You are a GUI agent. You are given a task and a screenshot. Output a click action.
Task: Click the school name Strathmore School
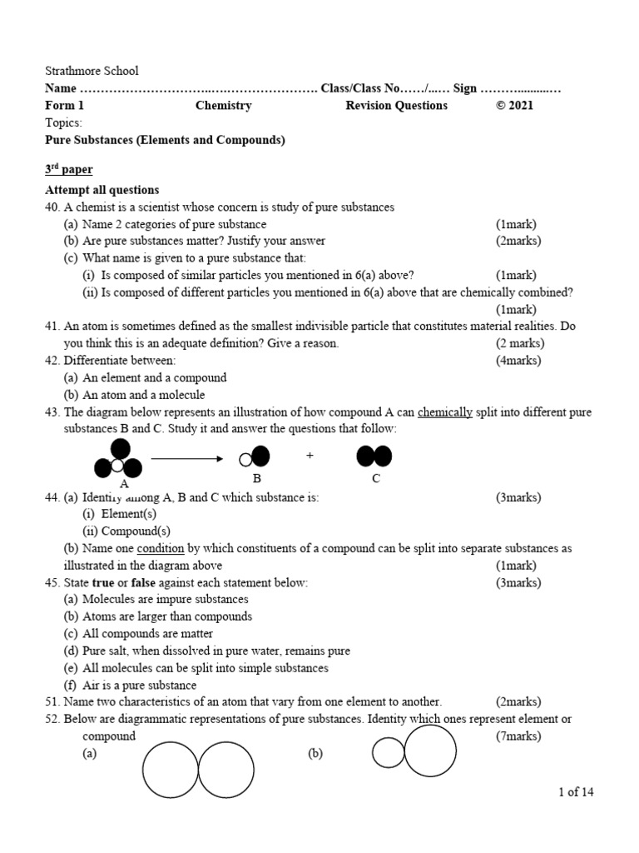(92, 71)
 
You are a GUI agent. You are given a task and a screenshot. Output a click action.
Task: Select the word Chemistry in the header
(223, 106)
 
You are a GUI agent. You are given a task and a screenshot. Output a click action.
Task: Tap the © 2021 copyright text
(515, 106)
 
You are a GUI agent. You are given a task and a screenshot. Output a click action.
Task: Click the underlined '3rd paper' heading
(68, 170)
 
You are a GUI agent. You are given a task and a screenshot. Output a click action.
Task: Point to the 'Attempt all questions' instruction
(102, 190)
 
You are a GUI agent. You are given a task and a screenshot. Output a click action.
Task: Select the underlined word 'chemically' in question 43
(444, 412)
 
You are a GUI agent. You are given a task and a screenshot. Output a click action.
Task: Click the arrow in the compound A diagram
(187, 458)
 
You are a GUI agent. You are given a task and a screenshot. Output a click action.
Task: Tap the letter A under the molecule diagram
(124, 484)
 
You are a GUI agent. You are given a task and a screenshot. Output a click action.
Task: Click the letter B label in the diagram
(257, 479)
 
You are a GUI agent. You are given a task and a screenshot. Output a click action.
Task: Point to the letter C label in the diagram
(376, 479)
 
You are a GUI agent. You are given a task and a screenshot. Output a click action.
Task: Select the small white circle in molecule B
(245, 459)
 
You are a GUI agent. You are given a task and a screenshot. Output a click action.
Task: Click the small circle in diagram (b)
(387, 753)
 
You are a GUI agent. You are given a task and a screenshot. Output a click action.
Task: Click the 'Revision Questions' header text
(396, 106)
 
